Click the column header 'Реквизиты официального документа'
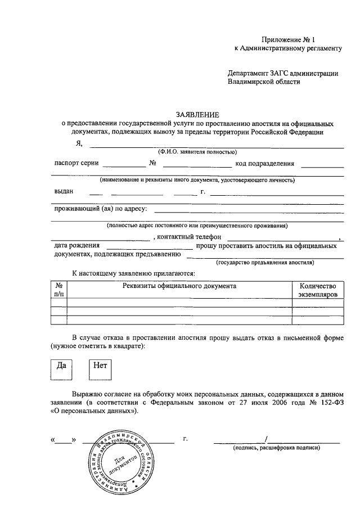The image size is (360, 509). click(x=179, y=286)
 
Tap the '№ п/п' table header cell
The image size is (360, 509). click(x=58, y=290)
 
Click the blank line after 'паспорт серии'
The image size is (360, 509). click(x=123, y=167)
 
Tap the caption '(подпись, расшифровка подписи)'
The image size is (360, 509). click(x=277, y=448)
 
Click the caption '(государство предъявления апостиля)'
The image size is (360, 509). click(x=265, y=262)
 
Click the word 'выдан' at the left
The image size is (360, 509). click(x=64, y=191)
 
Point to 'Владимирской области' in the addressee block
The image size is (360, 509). click(x=264, y=82)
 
